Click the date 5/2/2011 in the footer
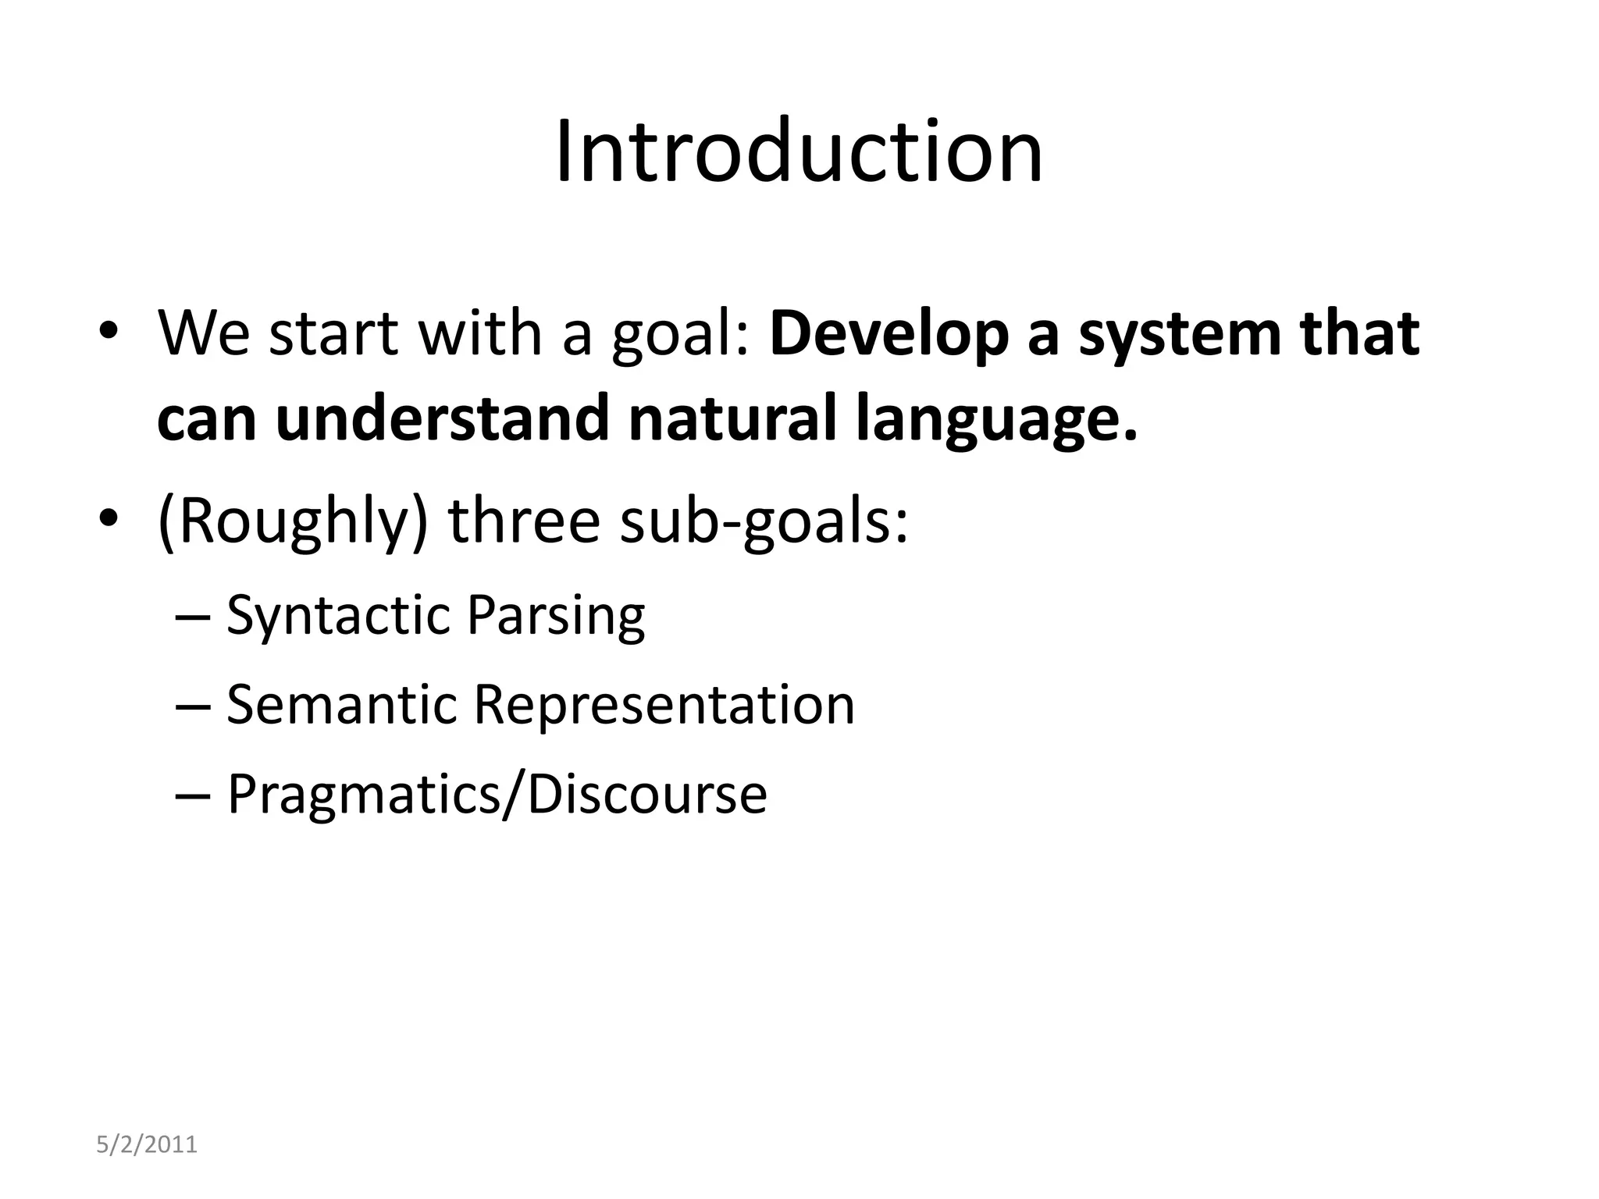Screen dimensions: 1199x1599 pyautogui.click(x=147, y=1145)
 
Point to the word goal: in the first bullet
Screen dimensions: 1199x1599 pyautogui.click(x=680, y=334)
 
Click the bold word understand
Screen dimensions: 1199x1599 pyautogui.click(x=441, y=418)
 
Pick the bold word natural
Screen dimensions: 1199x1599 pyautogui.click(x=730, y=418)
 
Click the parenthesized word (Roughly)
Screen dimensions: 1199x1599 pyautogui.click(x=293, y=521)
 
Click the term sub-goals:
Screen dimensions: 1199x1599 pyautogui.click(x=764, y=521)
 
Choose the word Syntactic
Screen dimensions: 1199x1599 pyautogui.click(x=337, y=615)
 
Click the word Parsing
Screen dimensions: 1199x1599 pyautogui.click(x=556, y=615)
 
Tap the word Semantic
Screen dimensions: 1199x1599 pyautogui.click(x=341, y=704)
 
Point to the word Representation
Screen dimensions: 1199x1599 pyautogui.click(x=664, y=704)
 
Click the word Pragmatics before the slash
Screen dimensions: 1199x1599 pyautogui.click(x=362, y=795)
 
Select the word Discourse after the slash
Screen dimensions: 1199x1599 pyautogui.click(x=646, y=795)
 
